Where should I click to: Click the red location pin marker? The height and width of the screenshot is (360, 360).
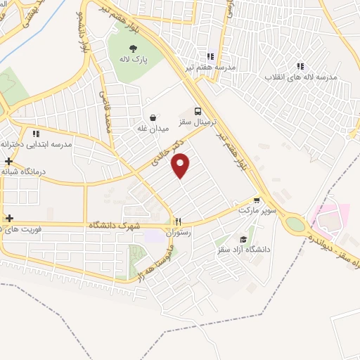181,167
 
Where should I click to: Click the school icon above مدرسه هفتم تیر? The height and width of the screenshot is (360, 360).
210,56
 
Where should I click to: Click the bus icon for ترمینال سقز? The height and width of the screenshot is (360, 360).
199,111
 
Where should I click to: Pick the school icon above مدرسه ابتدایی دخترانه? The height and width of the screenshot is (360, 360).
35,133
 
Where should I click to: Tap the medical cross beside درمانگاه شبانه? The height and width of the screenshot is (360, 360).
8,161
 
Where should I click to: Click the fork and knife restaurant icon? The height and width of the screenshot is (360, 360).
179,221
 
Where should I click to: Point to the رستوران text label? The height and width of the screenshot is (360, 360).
179,232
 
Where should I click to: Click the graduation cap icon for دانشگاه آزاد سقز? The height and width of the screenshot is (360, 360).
243,239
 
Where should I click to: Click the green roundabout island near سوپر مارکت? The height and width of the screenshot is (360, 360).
295,223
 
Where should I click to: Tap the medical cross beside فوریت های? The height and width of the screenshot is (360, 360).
8,218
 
